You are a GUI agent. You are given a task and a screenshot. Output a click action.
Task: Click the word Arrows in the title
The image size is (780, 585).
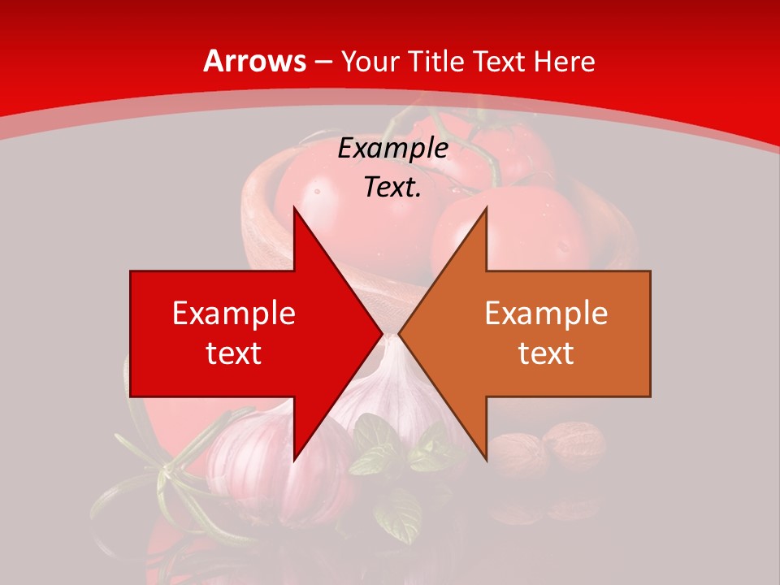click(x=255, y=61)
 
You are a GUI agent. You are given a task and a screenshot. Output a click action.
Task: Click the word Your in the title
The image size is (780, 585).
click(x=370, y=61)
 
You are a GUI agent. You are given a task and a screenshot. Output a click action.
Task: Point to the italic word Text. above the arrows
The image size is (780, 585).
click(x=392, y=188)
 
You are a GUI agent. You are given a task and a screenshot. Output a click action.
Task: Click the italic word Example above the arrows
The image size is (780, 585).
click(x=392, y=149)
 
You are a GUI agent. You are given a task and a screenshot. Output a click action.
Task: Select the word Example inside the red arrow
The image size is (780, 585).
click(x=234, y=314)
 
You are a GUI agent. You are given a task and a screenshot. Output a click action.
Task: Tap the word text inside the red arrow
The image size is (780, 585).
click(x=234, y=353)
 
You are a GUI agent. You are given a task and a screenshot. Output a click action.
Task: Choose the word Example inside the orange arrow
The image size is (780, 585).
click(x=546, y=314)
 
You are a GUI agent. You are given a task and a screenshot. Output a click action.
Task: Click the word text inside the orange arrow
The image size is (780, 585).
click(x=546, y=353)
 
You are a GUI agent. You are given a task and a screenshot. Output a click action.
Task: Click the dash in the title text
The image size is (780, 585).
click(x=323, y=62)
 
